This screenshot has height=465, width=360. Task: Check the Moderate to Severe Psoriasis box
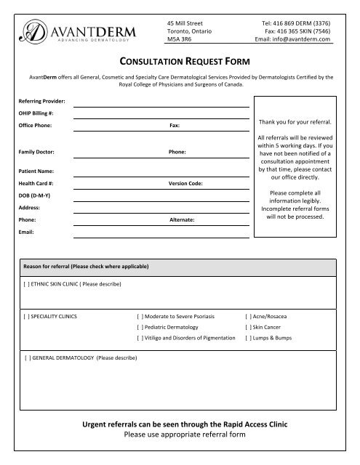(140, 318)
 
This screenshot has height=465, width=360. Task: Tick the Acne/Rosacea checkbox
(249, 318)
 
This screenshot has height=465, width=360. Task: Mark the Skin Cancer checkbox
(249, 328)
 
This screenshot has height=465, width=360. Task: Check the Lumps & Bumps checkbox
(249, 339)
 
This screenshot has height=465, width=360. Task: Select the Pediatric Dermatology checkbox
(140, 328)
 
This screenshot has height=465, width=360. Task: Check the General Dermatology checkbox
(28, 358)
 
